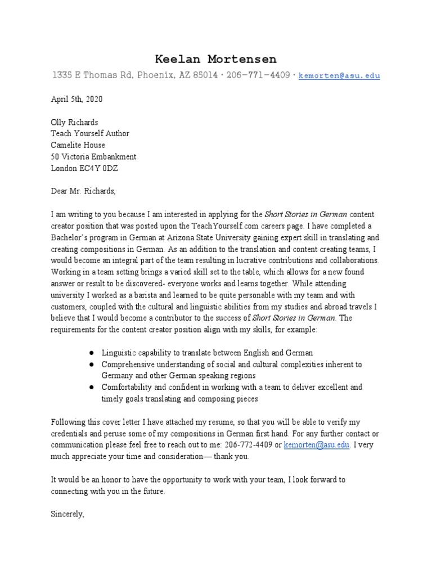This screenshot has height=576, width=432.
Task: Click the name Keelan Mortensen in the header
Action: pos(216,59)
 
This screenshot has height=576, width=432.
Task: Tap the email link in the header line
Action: pos(339,75)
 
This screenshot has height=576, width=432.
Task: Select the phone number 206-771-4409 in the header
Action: pos(258,75)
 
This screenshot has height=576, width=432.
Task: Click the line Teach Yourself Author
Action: pos(90,133)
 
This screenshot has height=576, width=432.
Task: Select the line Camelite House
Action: pos(78,145)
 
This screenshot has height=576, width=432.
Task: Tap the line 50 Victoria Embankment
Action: pos(93,157)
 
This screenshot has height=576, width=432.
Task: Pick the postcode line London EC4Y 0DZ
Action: pos(84,168)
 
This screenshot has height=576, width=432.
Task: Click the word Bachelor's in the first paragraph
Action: pos(71,237)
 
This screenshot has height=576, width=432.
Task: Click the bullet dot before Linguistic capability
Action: pos(91,353)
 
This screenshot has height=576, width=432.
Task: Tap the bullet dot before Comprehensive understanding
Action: pos(91,364)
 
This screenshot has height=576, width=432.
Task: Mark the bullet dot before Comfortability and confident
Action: pos(91,388)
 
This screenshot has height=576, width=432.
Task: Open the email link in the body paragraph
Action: pos(317,445)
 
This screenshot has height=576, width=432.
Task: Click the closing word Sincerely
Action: pos(67,514)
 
